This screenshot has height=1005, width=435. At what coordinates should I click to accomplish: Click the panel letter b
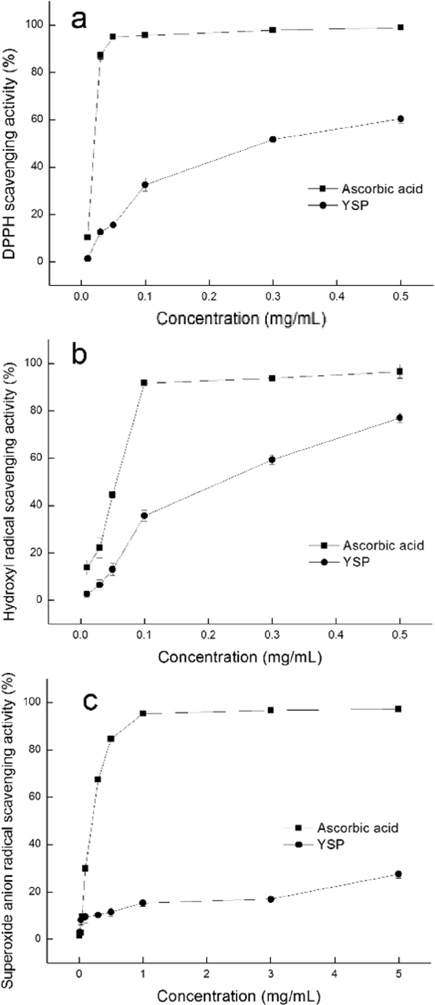81,356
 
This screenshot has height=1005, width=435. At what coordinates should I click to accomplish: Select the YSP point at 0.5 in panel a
400,119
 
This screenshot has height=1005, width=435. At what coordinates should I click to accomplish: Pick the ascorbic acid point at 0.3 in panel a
273,30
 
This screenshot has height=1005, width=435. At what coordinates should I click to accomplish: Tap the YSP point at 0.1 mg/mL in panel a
145,185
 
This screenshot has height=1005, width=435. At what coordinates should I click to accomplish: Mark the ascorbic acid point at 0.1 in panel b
144,383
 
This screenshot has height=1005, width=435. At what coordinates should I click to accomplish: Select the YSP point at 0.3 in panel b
272,460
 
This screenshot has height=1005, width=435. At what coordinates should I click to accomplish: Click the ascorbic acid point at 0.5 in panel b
400,371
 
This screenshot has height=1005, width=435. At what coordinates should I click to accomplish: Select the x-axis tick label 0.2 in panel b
208,635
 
